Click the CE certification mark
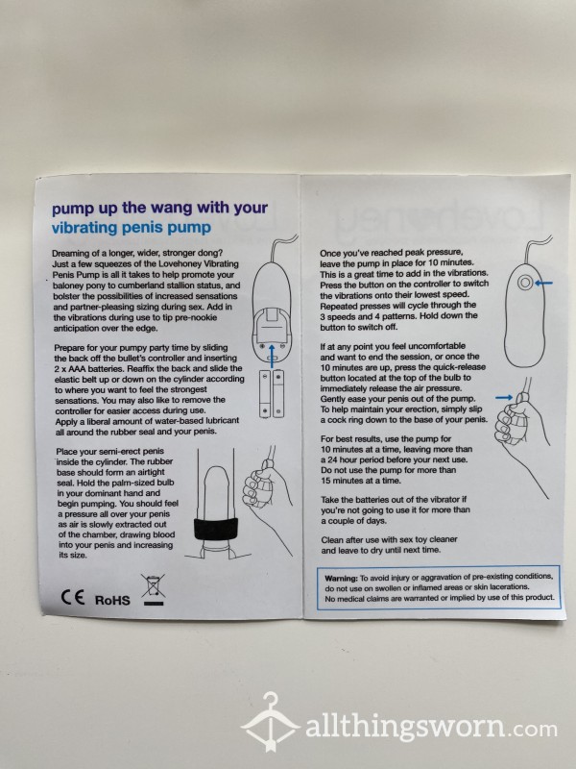pos(73,597)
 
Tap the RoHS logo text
pos(112,600)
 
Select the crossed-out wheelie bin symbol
pos(154,589)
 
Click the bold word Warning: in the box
pos(342,579)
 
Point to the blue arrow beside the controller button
pos(543,283)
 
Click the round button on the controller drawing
pos(525,283)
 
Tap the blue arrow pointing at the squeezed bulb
pos(504,397)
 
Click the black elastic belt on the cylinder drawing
pos(216,529)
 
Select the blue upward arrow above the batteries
pos(272,356)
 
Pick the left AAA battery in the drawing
pos(265,394)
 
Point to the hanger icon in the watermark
pos(270,723)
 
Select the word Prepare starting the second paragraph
pos(68,348)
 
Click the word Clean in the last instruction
pos(331,539)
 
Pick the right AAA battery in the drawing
pos(278,394)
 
